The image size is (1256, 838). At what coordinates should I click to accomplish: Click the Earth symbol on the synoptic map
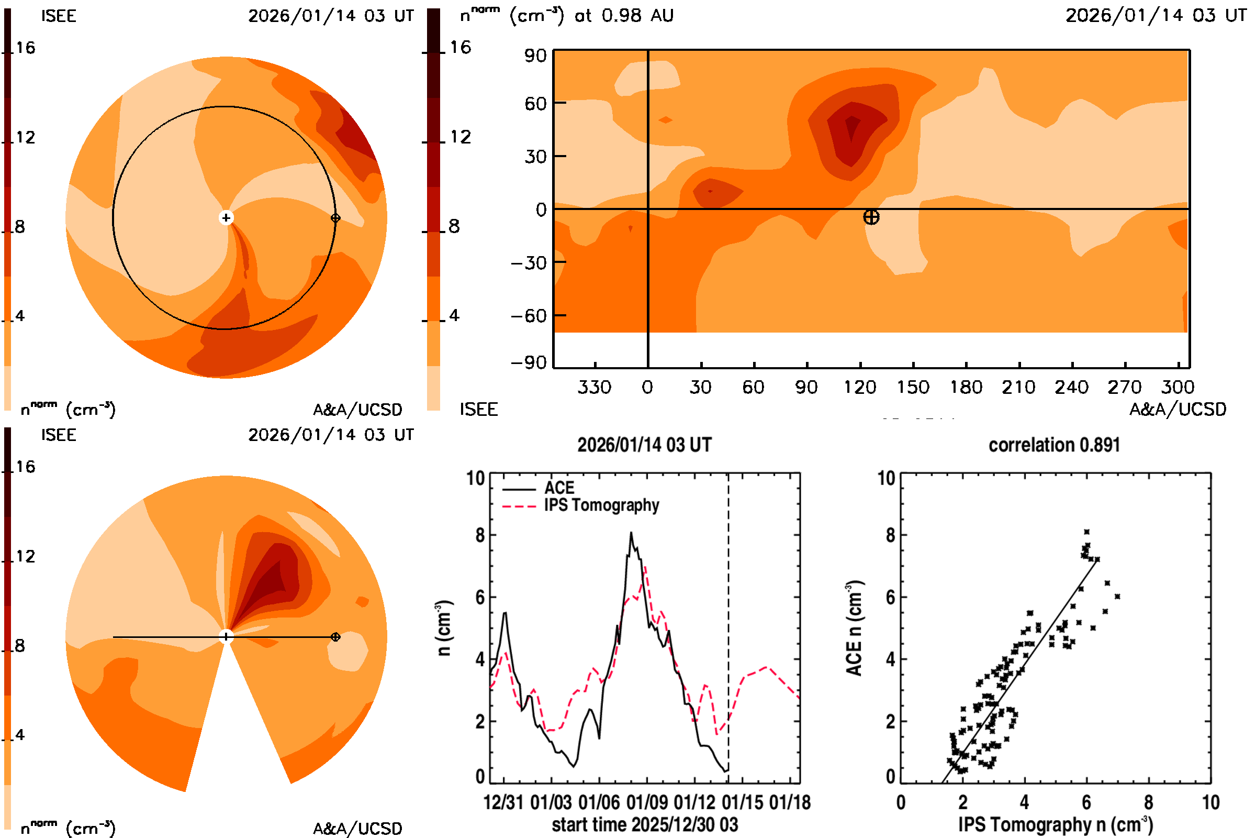[x=871, y=217]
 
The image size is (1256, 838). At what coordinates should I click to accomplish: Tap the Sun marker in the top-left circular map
[x=226, y=217]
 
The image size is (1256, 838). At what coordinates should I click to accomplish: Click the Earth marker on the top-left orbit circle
[x=335, y=217]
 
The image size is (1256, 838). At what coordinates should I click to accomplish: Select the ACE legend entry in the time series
[x=558, y=488]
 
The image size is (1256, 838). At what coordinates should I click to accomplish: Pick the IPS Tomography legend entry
[x=601, y=505]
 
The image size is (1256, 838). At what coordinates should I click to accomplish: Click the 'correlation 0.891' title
[x=1053, y=445]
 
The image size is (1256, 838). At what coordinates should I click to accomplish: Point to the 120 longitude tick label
[x=859, y=387]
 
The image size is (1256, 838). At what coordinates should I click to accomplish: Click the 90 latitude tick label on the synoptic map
[x=535, y=56]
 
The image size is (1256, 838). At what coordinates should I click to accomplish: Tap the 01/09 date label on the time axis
[x=647, y=802]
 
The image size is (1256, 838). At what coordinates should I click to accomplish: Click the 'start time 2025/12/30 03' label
[x=645, y=824]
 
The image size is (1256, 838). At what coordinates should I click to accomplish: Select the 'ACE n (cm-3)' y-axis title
[x=854, y=628]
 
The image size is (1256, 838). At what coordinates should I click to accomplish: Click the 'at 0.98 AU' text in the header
[x=624, y=16]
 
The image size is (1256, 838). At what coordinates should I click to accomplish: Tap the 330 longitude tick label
[x=594, y=387]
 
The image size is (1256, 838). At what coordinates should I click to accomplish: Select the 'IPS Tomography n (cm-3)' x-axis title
[x=1055, y=824]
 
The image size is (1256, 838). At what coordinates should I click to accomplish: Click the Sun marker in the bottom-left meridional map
[x=226, y=636]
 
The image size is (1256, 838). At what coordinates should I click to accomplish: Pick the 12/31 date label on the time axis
[x=503, y=802]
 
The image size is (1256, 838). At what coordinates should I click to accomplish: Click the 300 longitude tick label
[x=1177, y=387]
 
